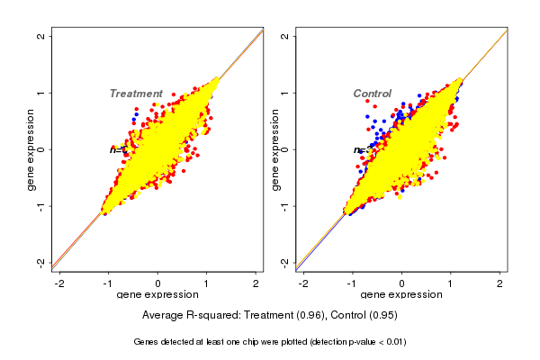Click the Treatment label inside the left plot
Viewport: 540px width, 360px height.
click(136, 94)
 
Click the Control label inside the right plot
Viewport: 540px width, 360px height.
click(372, 94)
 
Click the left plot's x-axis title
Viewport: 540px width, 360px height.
click(158, 295)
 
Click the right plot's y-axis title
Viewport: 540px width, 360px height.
click(275, 149)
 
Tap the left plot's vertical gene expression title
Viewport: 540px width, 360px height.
click(31, 149)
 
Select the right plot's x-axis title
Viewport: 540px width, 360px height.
click(401, 295)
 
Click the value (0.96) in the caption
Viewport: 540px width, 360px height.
click(309, 316)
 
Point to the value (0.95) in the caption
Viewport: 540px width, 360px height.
click(379, 316)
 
